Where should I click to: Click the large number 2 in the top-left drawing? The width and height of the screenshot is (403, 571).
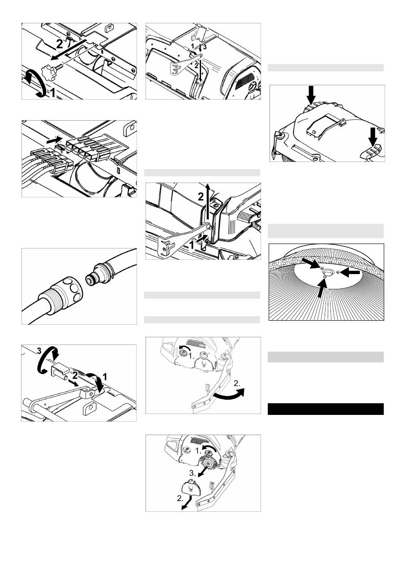pos(59,44)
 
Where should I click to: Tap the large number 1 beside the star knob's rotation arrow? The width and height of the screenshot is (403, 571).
pos(52,93)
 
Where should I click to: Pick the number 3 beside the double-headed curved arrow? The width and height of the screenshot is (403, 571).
pos(39,351)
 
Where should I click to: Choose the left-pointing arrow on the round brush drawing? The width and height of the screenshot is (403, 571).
pos(350,273)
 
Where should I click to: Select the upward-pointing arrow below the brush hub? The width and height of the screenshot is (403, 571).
pos(322,288)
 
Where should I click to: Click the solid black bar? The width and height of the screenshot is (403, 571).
pos(326,409)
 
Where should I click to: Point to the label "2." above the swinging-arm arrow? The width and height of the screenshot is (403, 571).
pos(237,384)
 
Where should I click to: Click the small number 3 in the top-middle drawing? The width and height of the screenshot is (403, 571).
pos(205,47)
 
